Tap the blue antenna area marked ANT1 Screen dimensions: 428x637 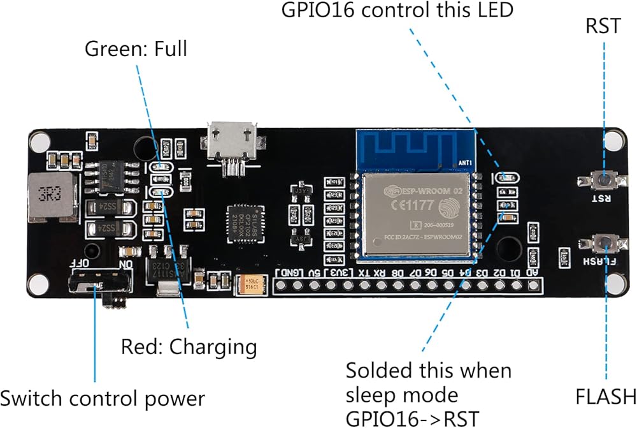click(x=414, y=149)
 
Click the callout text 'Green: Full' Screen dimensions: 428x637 click(x=136, y=49)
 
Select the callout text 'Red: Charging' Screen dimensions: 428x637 click(x=189, y=347)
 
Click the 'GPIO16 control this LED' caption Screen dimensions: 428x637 click(x=398, y=11)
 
